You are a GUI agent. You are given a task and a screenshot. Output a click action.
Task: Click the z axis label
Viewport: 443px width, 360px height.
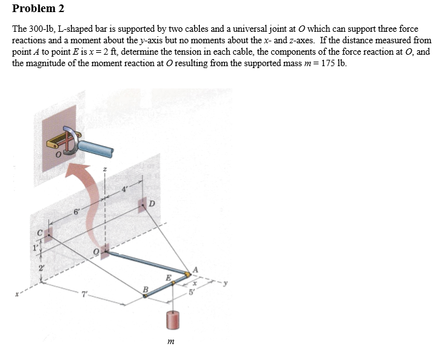(105, 170)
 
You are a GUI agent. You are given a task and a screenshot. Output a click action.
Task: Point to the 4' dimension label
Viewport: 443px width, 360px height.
(124, 189)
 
